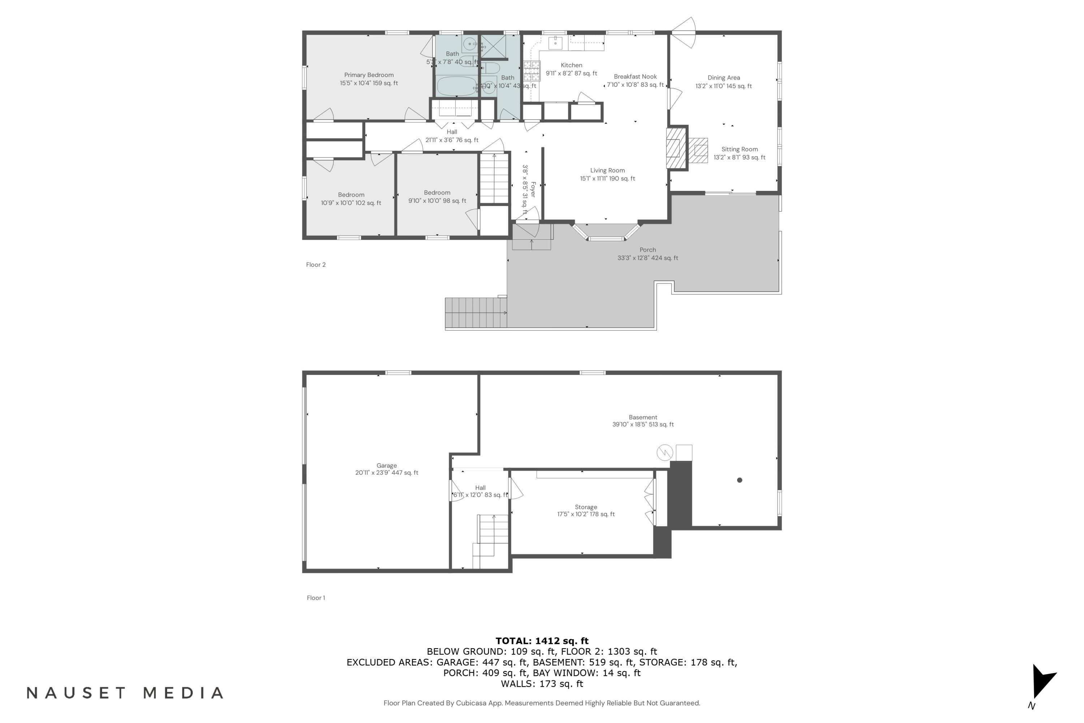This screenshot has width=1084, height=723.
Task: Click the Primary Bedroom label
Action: (369, 75)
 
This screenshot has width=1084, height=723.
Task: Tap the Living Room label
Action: (607, 171)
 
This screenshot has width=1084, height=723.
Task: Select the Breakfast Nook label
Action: (635, 77)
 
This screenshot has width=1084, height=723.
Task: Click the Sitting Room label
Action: (739, 149)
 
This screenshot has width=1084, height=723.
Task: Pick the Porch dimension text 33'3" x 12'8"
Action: (648, 258)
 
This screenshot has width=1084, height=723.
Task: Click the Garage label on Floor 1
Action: (386, 466)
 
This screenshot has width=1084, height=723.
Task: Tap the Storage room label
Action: (586, 507)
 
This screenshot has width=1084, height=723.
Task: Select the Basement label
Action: (642, 417)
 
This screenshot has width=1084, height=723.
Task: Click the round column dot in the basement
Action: (740, 480)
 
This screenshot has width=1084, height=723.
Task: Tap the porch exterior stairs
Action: (476, 313)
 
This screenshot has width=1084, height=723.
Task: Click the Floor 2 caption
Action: (316, 265)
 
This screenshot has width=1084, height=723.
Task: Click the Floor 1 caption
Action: (316, 598)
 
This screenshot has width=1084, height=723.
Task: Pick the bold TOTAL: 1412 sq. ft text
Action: (542, 641)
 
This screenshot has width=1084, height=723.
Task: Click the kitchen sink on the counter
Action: (555, 44)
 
